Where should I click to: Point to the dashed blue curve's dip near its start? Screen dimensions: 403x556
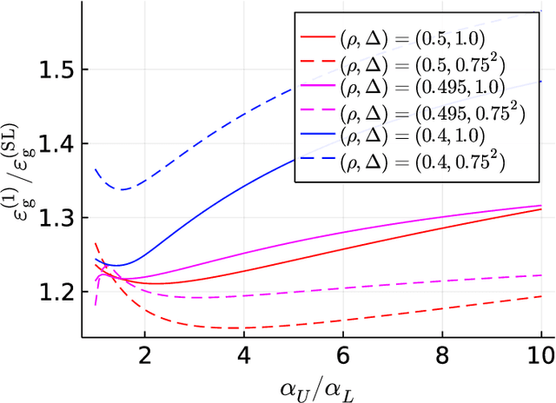pyautogui.click(x=123, y=189)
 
